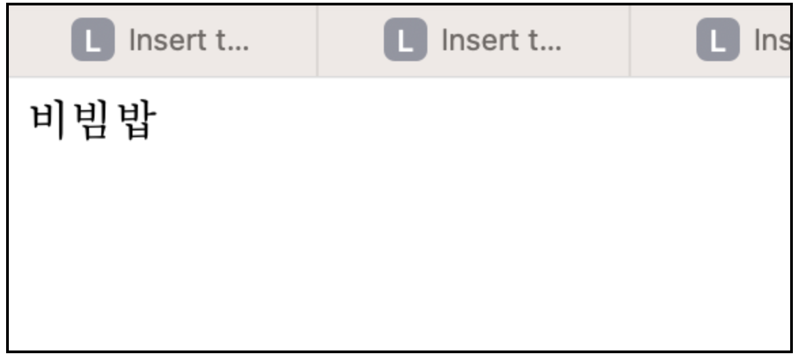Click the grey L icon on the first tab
point(93,41)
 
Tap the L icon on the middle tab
point(406,41)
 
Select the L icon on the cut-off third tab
point(718,41)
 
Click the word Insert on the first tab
point(167,41)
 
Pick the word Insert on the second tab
point(480,41)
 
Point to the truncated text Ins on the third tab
point(772,41)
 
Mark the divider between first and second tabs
point(317,41)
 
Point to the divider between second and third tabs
point(630,41)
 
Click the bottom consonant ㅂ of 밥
point(137,132)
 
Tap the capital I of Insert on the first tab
point(132,41)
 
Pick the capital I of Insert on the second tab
point(444,41)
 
